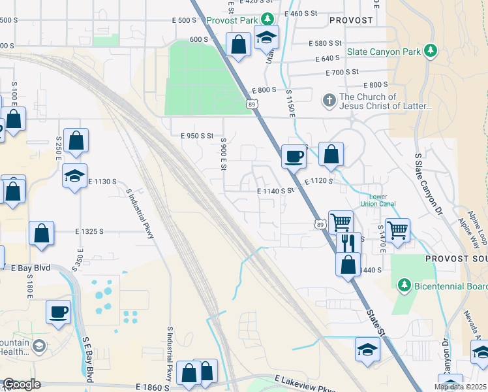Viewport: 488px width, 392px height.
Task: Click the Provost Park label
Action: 232,20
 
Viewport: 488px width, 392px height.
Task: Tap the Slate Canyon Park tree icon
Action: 430,50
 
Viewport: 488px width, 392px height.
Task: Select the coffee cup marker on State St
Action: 294,156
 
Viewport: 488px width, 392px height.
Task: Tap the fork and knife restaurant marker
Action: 346,242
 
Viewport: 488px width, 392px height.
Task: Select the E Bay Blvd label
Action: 31,268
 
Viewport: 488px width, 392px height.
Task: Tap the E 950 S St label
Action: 197,136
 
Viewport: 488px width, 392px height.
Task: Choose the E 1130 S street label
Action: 101,181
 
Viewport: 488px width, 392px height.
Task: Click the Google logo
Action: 22,384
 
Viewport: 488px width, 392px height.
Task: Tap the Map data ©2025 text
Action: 461,387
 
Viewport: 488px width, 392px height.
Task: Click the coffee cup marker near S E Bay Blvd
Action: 58,311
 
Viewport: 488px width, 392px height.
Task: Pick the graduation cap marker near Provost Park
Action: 266,38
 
